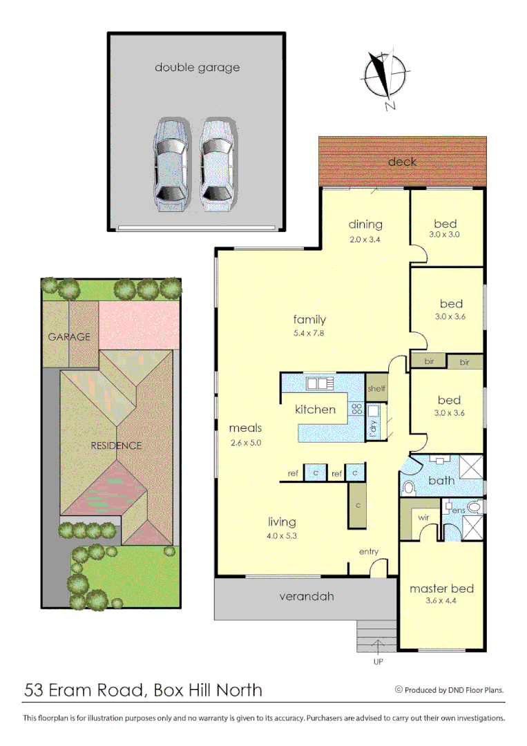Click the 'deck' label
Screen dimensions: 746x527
tap(402, 162)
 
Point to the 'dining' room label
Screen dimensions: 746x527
tap(365, 224)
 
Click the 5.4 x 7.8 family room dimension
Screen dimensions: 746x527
tap(309, 332)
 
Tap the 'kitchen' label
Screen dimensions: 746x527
tap(315, 409)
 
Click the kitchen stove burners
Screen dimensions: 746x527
tap(357, 408)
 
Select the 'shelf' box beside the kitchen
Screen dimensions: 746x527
tap(376, 388)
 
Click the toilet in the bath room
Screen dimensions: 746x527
tap(408, 488)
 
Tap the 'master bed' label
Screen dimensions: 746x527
tap(441, 589)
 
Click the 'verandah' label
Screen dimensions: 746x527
tap(306, 596)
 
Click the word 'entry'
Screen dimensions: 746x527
tap(368, 551)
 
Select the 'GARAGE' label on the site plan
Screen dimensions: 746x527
tap(69, 336)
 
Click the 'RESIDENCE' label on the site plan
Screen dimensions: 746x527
tap(116, 446)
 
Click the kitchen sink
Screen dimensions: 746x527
tap(320, 383)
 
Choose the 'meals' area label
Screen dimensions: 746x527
tap(246, 428)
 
